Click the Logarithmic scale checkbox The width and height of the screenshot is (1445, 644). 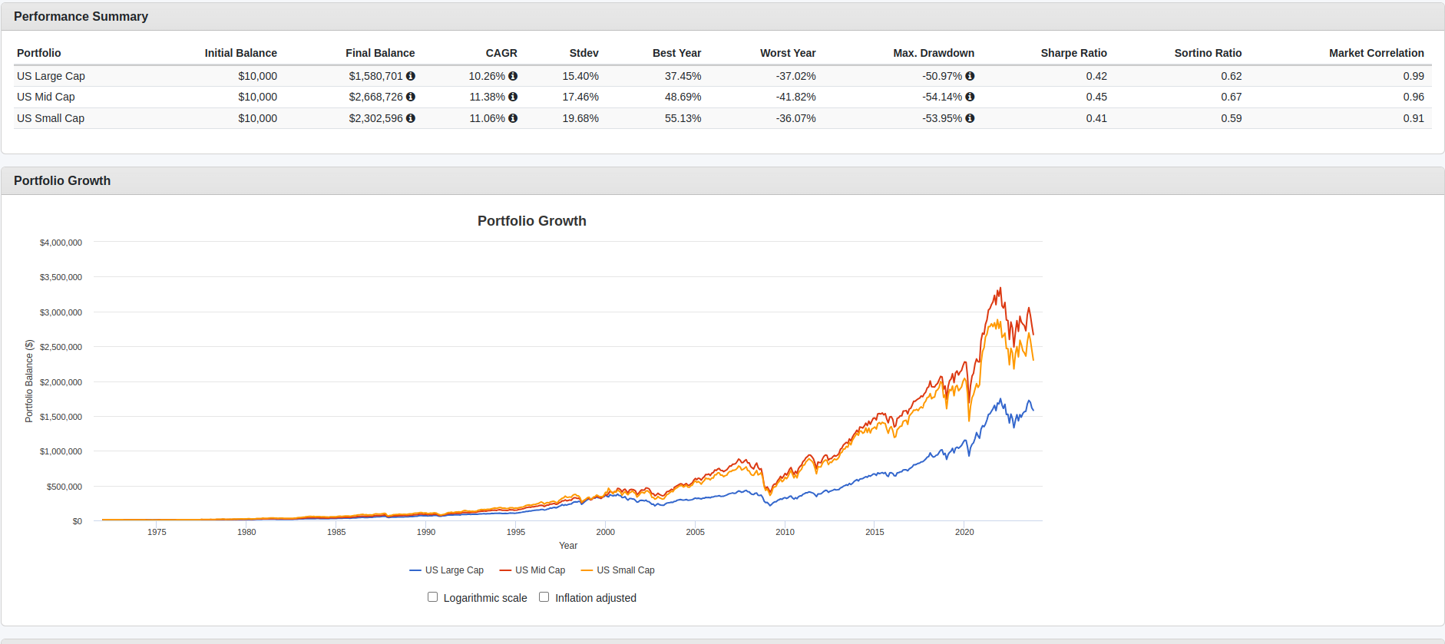coord(433,597)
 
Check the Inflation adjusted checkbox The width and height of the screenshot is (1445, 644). coord(544,597)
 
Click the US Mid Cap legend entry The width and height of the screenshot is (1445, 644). coord(532,570)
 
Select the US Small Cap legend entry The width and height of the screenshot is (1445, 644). coord(618,570)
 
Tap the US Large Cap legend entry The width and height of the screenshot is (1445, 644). coord(447,570)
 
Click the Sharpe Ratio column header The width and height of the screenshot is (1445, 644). coord(1073,53)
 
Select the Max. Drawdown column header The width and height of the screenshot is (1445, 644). coord(933,53)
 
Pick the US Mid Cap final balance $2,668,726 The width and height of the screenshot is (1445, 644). coord(375,97)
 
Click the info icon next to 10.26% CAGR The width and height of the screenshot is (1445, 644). coord(513,76)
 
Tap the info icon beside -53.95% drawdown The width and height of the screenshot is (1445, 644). coord(970,118)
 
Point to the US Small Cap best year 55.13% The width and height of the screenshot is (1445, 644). coord(683,118)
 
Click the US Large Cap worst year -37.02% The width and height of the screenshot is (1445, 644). coord(795,76)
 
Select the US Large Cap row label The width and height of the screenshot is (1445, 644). coord(51,76)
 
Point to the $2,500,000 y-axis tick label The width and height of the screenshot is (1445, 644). coord(61,347)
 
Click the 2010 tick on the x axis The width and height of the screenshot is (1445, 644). coord(785,532)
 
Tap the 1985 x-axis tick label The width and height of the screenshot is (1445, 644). coord(336,532)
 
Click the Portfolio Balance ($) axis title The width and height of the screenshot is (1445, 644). coord(29,381)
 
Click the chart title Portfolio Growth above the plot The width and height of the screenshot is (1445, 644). coord(531,221)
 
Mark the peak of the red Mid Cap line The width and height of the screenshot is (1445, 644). coord(1000,288)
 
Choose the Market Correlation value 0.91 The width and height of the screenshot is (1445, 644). coord(1413,118)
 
